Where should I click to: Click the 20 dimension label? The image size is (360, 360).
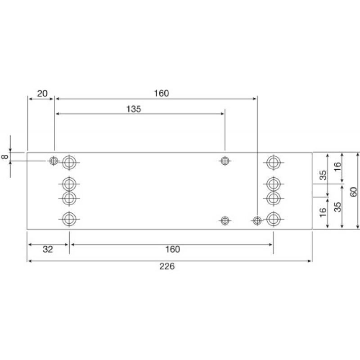click(x=42, y=94)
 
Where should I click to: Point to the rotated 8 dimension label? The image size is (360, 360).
click(x=4, y=157)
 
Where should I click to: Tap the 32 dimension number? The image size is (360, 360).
click(x=47, y=249)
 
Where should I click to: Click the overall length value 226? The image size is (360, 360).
click(x=166, y=266)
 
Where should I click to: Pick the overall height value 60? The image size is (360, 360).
click(x=353, y=191)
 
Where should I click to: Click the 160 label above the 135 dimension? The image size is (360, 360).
click(x=161, y=94)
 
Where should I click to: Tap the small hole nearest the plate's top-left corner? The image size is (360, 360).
click(x=54, y=161)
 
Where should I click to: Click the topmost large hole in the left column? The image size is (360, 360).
click(x=69, y=162)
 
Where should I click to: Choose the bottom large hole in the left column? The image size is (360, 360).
click(x=69, y=219)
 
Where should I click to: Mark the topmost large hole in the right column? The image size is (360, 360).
click(x=273, y=162)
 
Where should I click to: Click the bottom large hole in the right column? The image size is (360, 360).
click(x=273, y=219)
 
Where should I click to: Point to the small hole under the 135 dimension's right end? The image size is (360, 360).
click(x=225, y=161)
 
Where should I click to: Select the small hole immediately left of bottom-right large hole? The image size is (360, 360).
click(x=257, y=220)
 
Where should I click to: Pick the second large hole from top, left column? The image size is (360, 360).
click(x=69, y=184)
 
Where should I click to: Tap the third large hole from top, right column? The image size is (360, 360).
click(x=273, y=198)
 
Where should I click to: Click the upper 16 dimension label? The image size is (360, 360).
click(x=337, y=167)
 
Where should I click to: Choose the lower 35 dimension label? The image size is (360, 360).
click(x=337, y=206)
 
